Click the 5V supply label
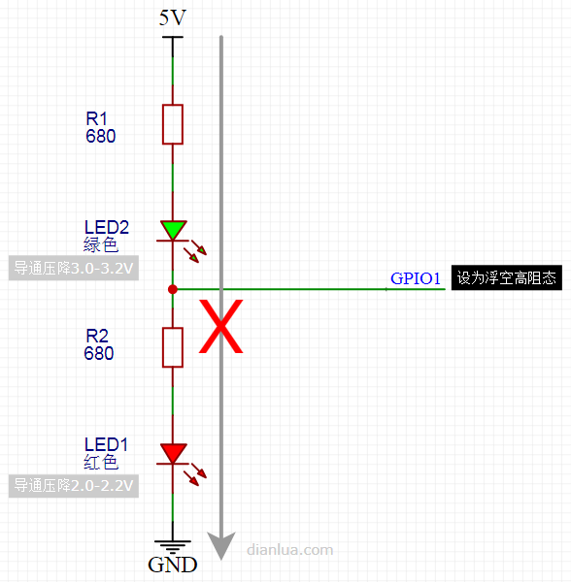coord(173,17)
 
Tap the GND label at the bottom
coord(173,565)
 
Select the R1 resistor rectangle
coord(173,124)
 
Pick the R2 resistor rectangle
coord(173,347)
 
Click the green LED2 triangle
coord(173,229)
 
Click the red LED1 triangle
coord(173,452)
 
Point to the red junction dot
coord(173,289)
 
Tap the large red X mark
coord(221,326)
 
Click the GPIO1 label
coord(416,278)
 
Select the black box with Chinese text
coord(506,277)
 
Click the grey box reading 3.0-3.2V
coord(74,268)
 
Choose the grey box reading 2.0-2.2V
coord(74,486)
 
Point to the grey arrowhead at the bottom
coord(221,545)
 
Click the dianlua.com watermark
coord(289,549)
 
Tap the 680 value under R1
coord(101,136)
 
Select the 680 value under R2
coord(99,353)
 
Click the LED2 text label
coord(107,227)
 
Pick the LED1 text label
coord(106,444)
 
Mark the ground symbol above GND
coord(173,546)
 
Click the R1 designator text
coord(96,118)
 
